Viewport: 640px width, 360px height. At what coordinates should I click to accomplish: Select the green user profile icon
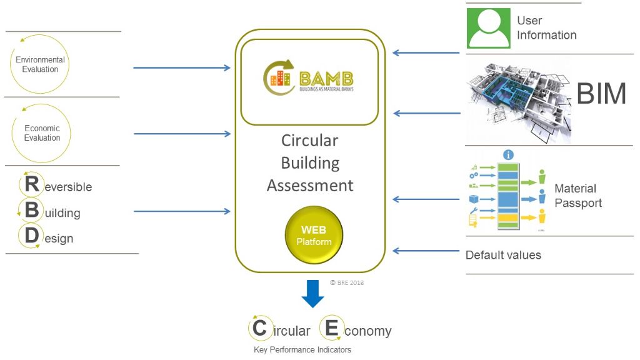(489, 27)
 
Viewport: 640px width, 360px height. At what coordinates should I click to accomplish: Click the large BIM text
(601, 94)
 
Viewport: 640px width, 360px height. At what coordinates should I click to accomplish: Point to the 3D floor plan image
(519, 99)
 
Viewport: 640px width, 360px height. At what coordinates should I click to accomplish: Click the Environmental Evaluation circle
(40, 64)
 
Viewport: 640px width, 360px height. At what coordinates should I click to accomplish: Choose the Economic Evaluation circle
(41, 133)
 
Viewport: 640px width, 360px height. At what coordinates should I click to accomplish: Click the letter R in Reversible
(31, 184)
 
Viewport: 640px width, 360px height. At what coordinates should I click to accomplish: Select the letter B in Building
(31, 211)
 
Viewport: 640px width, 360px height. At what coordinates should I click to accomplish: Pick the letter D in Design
(31, 237)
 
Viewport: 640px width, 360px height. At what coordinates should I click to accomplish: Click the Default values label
(503, 255)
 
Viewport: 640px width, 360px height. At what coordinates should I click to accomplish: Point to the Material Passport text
(578, 196)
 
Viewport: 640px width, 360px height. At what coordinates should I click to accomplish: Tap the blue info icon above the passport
(509, 155)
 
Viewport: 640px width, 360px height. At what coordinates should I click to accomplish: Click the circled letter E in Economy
(332, 328)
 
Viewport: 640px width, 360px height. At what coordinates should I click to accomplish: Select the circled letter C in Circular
(260, 328)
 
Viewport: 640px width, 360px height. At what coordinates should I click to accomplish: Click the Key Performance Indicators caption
(302, 350)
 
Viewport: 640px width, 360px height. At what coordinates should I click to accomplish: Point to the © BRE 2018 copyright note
(347, 283)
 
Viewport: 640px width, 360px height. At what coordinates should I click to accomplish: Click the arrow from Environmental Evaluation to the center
(182, 67)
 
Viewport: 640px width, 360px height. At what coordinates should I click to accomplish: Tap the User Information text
(546, 28)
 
